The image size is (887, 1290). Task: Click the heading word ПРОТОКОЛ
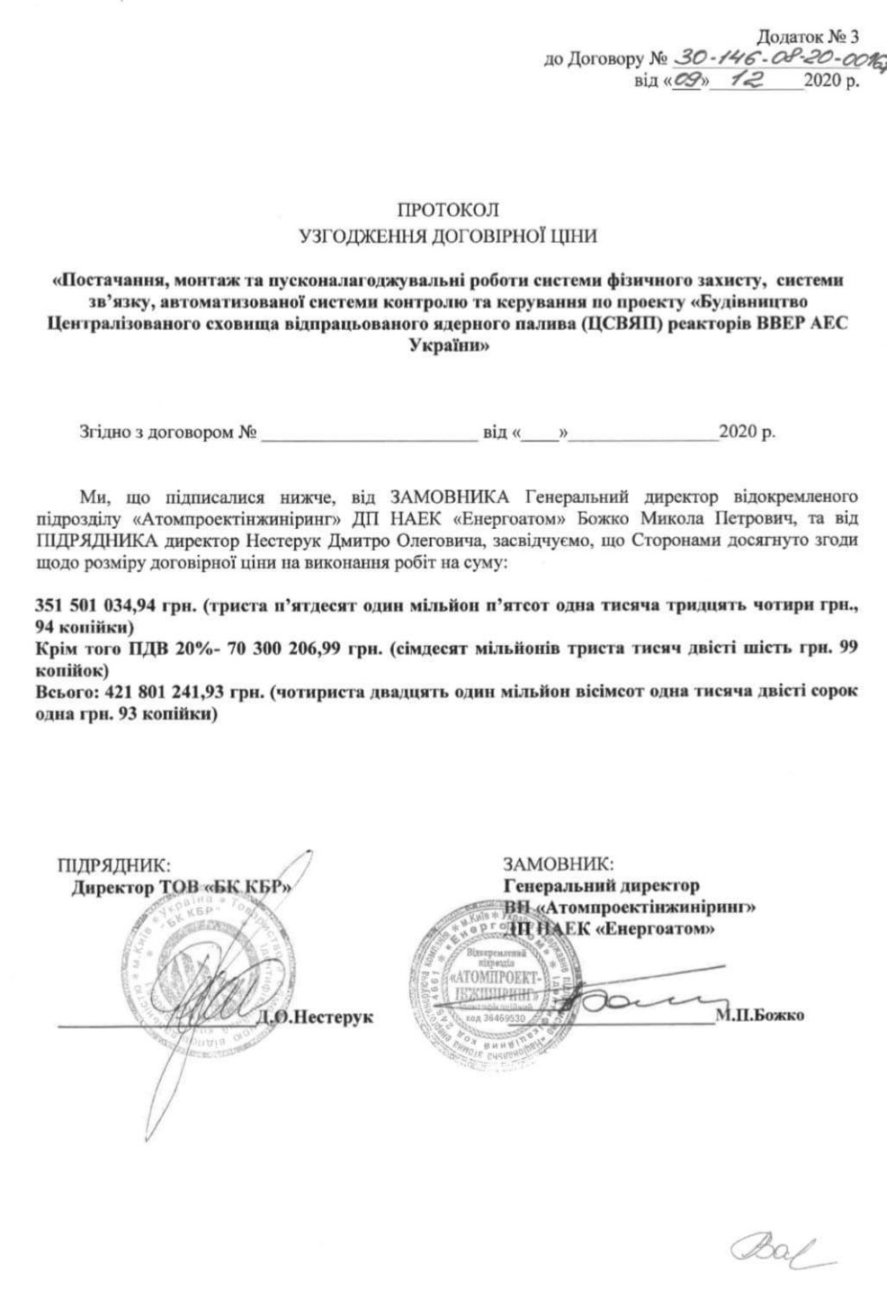[446, 211]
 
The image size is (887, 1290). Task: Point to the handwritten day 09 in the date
[691, 79]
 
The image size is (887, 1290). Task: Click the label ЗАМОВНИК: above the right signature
[559, 865]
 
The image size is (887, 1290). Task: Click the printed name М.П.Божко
[760, 1016]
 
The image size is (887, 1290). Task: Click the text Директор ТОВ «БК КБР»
[181, 887]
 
